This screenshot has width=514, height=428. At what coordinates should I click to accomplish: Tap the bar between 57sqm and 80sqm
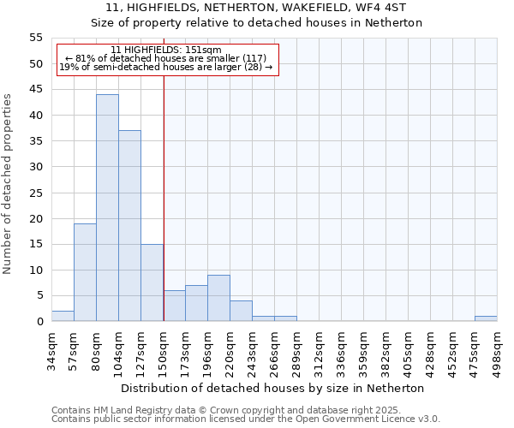tap(85, 272)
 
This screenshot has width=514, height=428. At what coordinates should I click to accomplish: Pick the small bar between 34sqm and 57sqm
tap(63, 316)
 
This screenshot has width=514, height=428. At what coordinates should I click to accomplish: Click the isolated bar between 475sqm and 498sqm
tap(486, 318)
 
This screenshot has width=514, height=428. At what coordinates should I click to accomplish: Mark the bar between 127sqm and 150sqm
tap(152, 282)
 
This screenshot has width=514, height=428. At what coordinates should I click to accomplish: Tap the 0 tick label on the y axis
tap(39, 322)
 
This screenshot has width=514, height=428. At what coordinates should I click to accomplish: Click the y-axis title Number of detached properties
tap(9, 183)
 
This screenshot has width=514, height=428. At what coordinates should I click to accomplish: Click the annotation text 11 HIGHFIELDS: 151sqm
tap(166, 50)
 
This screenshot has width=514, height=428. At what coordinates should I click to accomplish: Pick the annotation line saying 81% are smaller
tap(166, 58)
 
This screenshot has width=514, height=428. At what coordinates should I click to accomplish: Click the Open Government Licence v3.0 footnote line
tap(246, 419)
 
